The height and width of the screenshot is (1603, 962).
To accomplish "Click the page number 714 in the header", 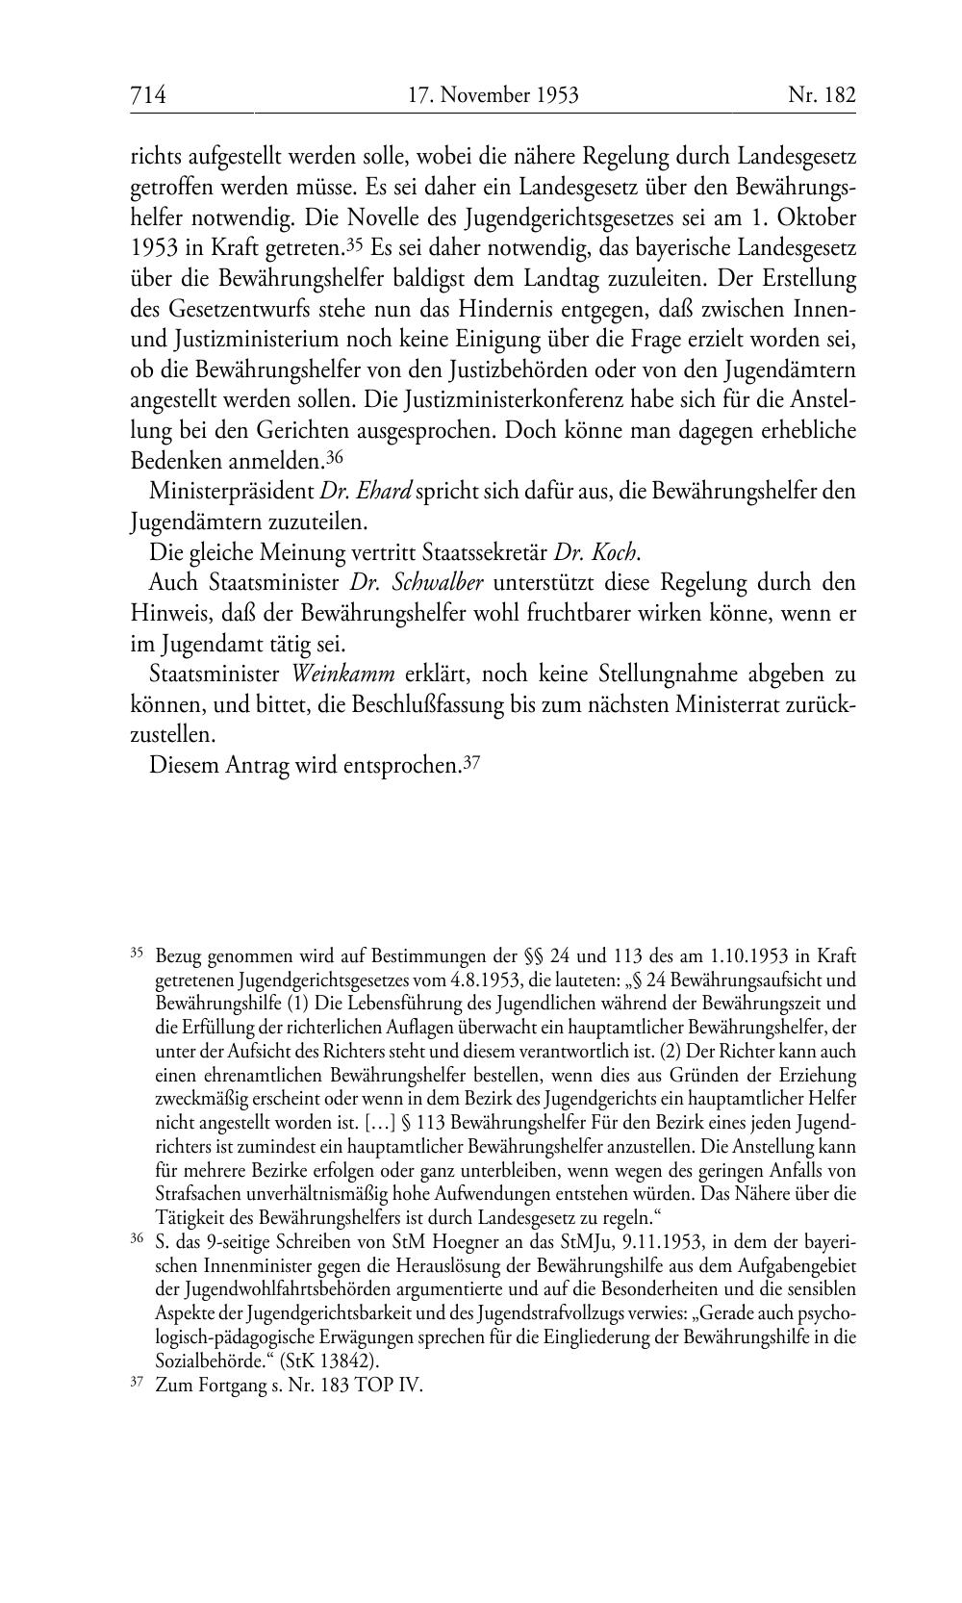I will click(148, 94).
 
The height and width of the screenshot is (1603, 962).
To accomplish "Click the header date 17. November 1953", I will click(493, 94).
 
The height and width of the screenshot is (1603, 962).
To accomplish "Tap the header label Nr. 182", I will click(822, 94).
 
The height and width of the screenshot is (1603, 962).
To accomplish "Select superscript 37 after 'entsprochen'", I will click(471, 763).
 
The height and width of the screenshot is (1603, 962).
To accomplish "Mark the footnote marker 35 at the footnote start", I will click(136, 954).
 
